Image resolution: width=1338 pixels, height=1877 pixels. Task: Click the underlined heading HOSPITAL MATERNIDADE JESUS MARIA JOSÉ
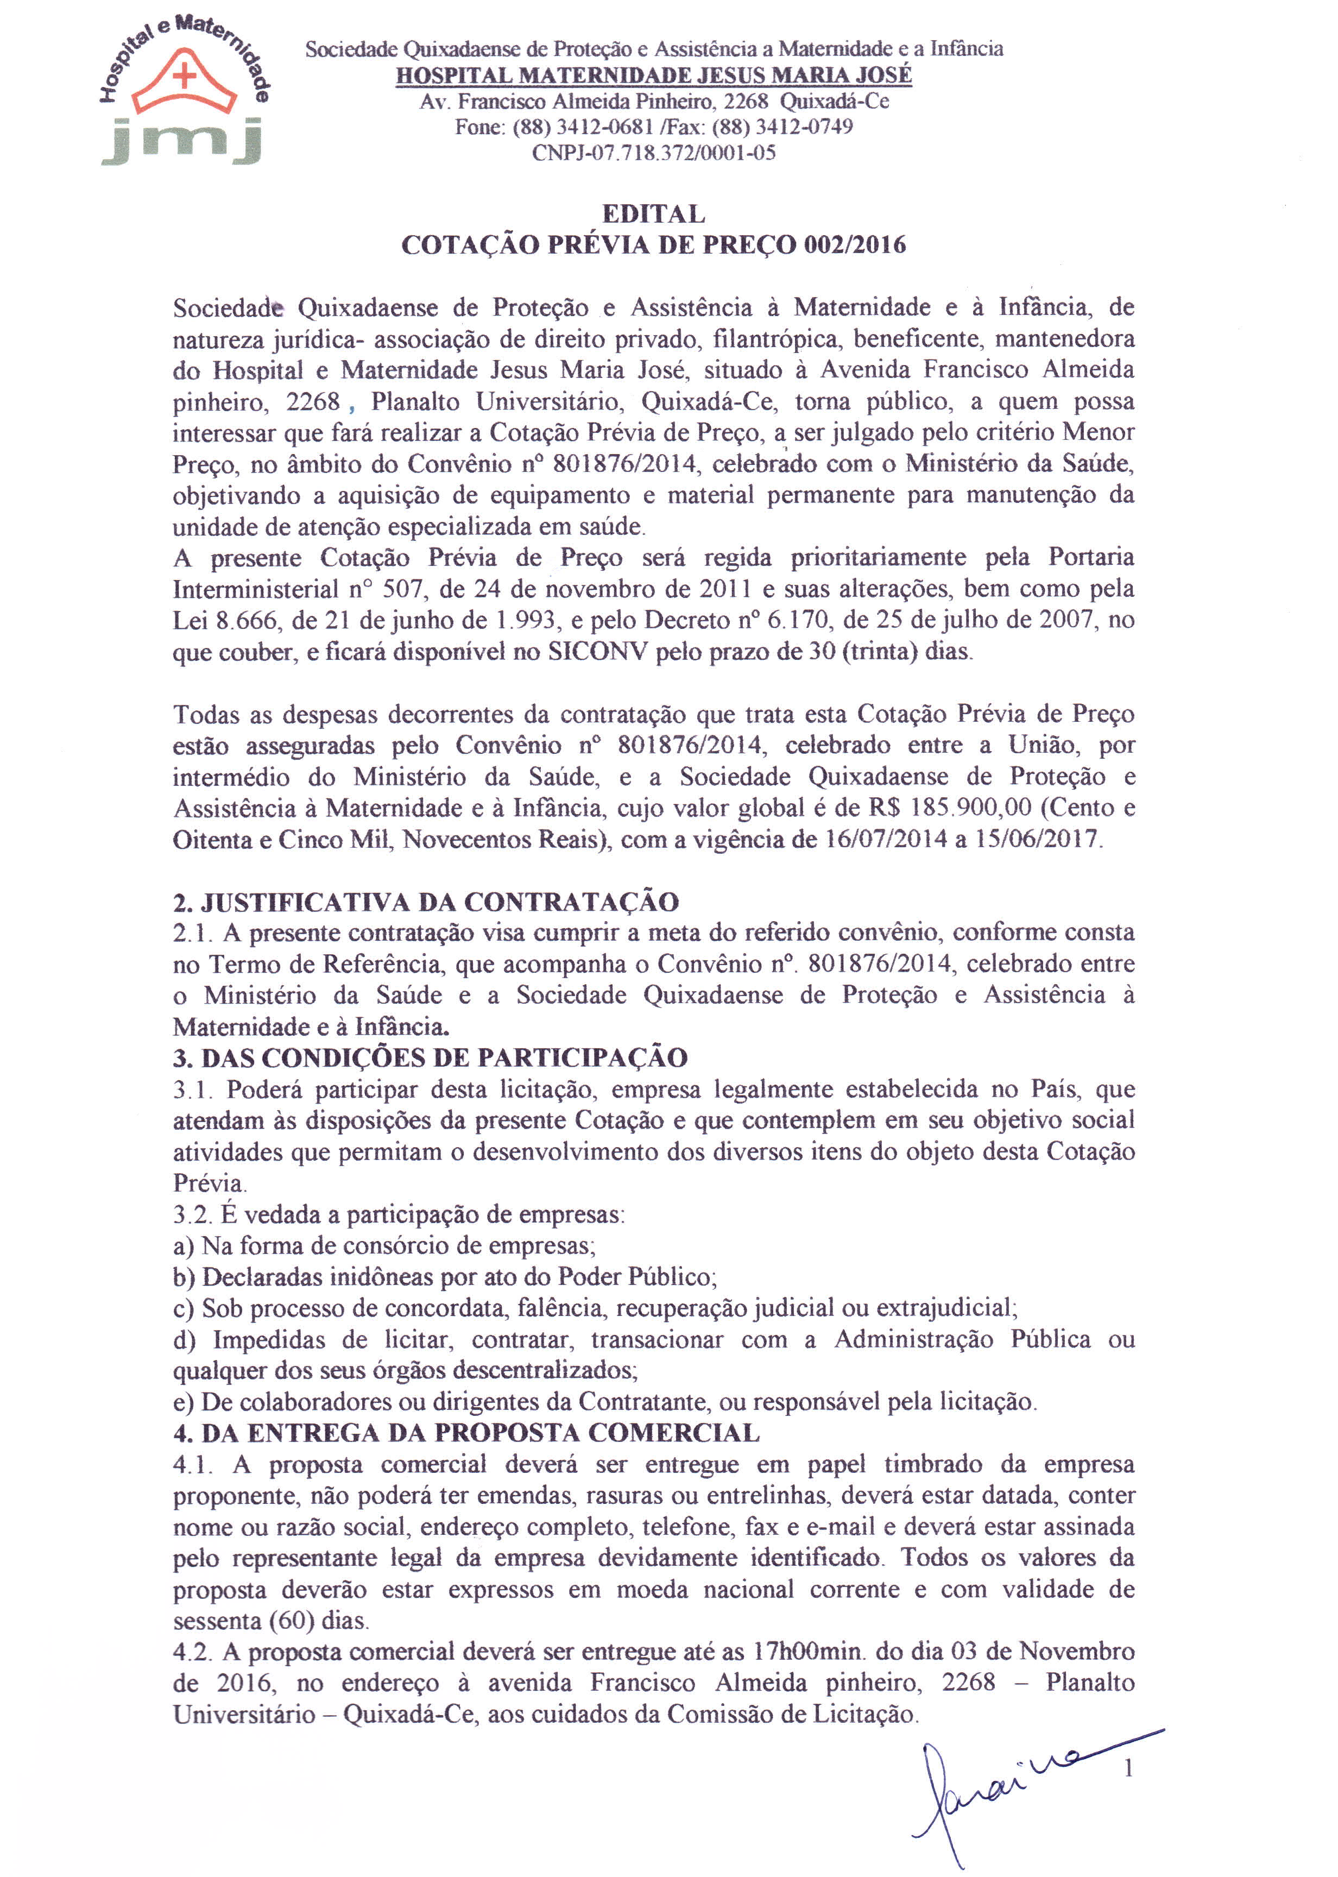pos(653,75)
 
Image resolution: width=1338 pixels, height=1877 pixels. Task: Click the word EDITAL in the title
pos(653,214)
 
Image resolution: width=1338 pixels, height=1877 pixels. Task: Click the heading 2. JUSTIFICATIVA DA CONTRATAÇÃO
pos(426,902)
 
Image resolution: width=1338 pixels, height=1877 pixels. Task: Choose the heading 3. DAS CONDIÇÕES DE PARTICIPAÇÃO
pos(430,1058)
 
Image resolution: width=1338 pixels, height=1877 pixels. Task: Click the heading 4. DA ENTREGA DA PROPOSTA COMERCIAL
pos(466,1433)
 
